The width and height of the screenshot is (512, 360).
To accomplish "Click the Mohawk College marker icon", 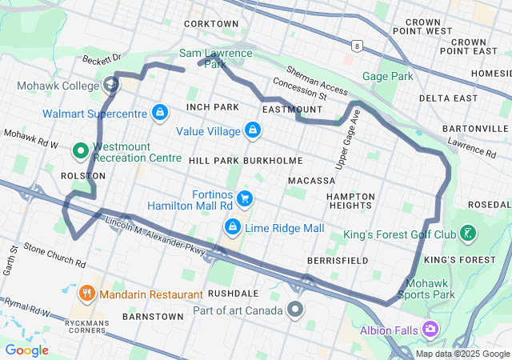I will point(110,84).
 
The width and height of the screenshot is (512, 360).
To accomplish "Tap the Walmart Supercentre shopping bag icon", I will point(160,112).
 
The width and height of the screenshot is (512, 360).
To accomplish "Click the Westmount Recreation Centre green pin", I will point(81,150).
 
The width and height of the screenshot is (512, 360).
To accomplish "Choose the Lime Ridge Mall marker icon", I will point(233,228).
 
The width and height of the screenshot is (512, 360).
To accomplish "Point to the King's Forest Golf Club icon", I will point(468,234).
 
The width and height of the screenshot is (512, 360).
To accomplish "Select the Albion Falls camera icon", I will point(431,329).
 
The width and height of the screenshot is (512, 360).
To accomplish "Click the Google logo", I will point(27,350).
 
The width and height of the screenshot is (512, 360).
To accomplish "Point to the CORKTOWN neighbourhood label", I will point(211,24).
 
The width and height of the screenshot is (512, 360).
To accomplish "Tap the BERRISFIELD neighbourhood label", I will point(338,261).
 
